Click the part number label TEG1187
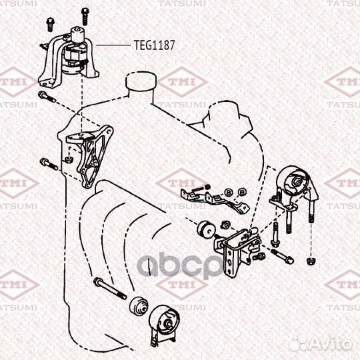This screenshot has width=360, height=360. coord(154,45)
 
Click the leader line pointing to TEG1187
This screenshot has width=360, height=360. coord(113,45)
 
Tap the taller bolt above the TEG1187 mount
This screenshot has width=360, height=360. coord(85,16)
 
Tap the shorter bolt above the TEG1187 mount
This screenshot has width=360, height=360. coord(49,25)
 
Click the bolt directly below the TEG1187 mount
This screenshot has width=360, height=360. coord(47,97)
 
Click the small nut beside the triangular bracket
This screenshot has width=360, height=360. coord(69,159)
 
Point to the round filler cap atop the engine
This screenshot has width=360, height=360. coord(141,81)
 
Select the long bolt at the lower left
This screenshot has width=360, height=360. coord(110,288)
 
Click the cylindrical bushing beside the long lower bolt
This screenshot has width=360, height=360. coord(139,307)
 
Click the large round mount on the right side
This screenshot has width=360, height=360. coord(295,188)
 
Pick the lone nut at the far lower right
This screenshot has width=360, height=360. coord(311,261)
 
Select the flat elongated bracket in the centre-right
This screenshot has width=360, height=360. coord(215,199)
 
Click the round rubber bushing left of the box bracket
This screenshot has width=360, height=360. coord(206,229)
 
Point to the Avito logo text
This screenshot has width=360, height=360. coord(321,344)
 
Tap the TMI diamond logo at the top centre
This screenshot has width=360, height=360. coord(183,82)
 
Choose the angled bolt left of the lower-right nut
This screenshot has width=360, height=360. coord(282,256)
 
